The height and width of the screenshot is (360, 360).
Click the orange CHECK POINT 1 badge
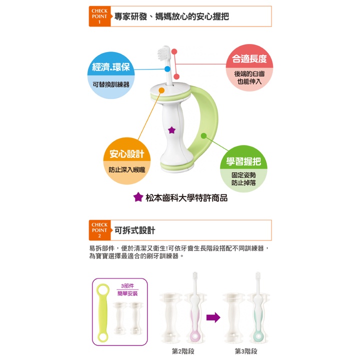99,16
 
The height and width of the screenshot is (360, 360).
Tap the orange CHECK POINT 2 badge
99,230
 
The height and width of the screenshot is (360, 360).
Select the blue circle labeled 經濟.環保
111,75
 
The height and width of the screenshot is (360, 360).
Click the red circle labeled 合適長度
249,67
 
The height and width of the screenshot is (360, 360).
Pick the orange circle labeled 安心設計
127,160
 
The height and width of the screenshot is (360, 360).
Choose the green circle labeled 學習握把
243,169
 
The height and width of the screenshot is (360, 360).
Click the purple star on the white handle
171,130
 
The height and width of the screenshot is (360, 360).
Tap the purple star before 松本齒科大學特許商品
138,197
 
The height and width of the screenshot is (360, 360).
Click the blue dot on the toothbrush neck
167,69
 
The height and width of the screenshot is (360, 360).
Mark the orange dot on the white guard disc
161,90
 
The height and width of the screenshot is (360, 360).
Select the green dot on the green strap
203,135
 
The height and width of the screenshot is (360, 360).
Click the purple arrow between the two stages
213,317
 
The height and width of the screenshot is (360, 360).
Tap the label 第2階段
183,351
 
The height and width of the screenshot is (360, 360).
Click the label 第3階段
246,351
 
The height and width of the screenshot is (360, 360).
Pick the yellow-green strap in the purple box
102,312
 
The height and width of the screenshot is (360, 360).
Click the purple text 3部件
127,286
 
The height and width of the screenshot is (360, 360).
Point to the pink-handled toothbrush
195,308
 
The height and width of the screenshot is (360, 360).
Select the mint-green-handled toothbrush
258,308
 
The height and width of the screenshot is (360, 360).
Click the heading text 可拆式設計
135,230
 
